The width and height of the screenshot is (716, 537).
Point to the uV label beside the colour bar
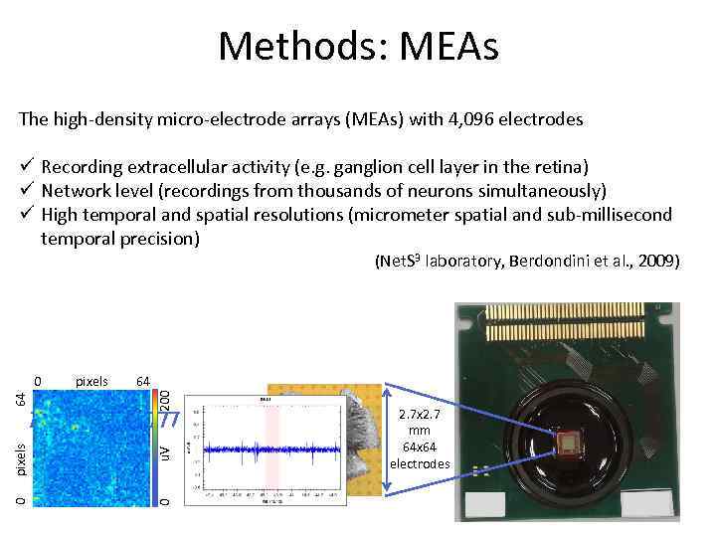pos(166,451)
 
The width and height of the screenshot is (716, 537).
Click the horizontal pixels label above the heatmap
pos(91,381)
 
